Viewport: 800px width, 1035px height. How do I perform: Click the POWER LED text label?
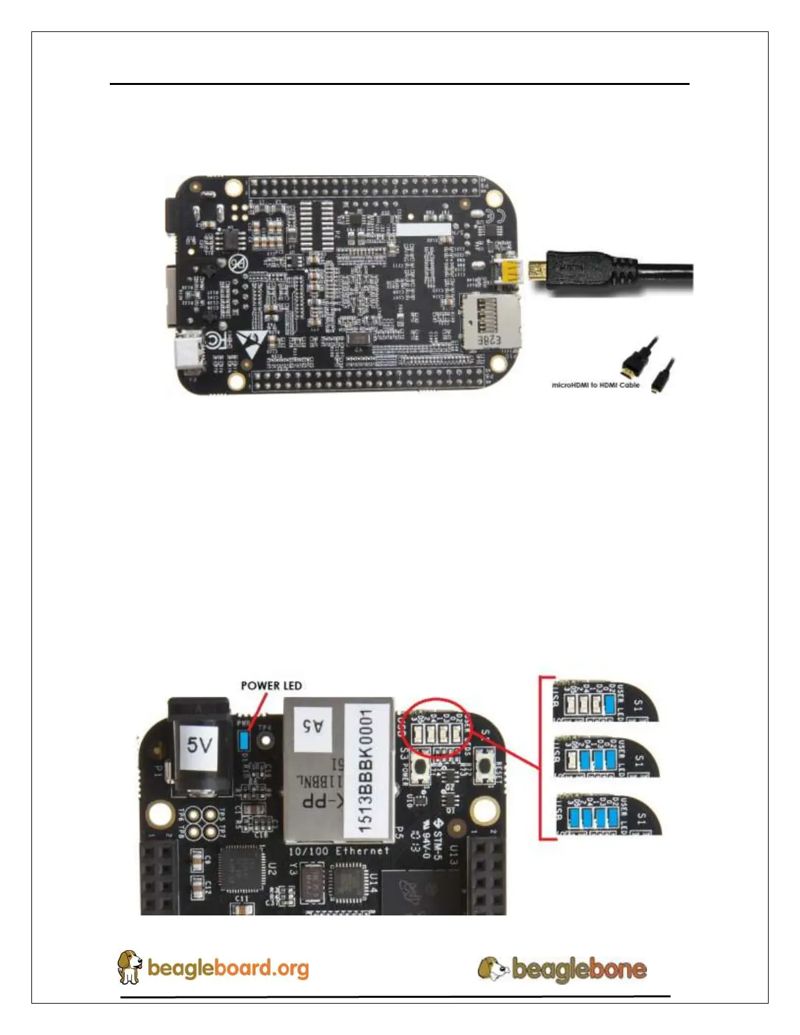(271, 685)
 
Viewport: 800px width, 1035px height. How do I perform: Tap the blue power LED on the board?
(244, 740)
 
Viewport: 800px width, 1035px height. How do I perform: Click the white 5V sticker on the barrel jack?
(199, 744)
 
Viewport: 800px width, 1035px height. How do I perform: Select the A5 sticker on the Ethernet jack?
(312, 725)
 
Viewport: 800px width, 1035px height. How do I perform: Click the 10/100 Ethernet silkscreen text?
(339, 851)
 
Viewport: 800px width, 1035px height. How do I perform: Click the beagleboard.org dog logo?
(129, 967)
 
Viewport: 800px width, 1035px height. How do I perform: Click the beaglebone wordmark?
(579, 968)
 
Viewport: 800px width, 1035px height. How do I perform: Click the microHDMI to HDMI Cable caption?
(595, 385)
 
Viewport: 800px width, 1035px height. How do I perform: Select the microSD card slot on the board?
(492, 320)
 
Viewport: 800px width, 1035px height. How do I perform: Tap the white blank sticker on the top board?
(424, 229)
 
